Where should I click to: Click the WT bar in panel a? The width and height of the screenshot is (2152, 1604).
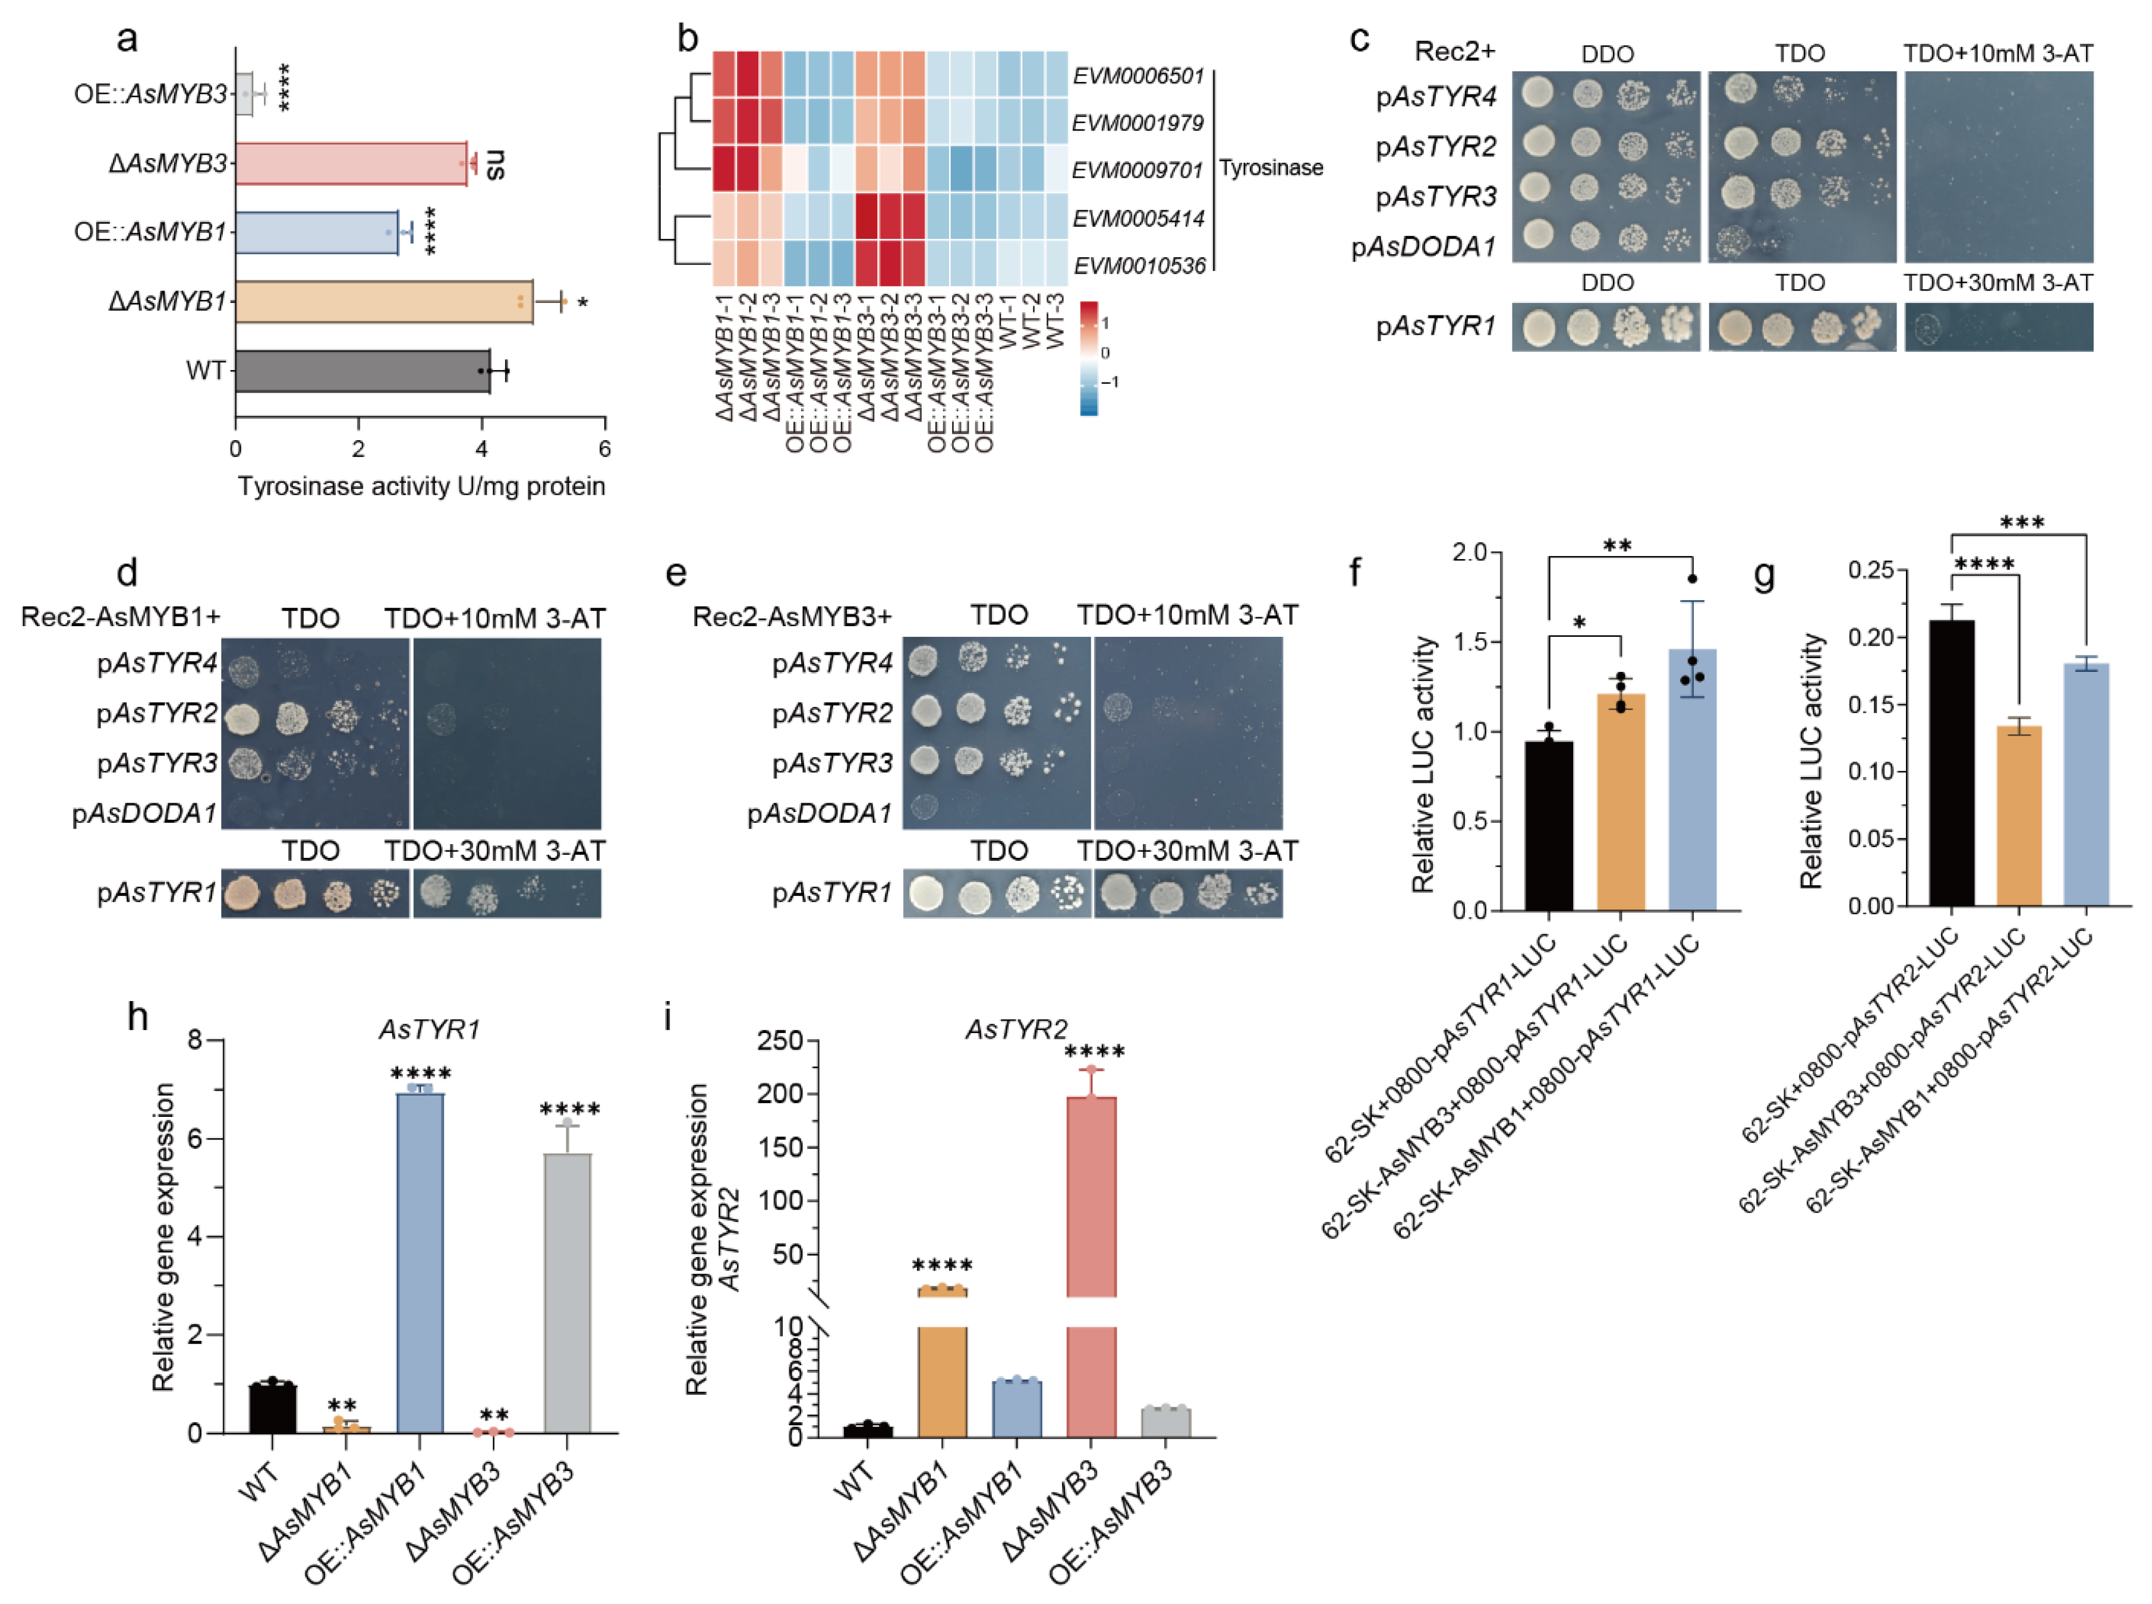click(361, 371)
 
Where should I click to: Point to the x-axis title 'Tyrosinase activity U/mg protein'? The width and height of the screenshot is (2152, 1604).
click(421, 487)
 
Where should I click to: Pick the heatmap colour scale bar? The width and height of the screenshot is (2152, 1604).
click(1089, 357)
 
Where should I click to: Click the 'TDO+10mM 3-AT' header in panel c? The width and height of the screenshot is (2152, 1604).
click(1997, 53)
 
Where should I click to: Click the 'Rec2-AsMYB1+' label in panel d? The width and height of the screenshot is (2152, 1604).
click(121, 617)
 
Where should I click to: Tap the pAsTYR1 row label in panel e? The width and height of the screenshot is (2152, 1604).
click(831, 892)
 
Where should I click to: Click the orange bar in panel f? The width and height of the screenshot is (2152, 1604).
click(1620, 801)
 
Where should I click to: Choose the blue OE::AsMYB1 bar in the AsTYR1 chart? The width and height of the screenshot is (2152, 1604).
click(420, 1262)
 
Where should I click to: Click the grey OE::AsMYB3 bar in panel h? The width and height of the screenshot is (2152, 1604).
click(567, 1292)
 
